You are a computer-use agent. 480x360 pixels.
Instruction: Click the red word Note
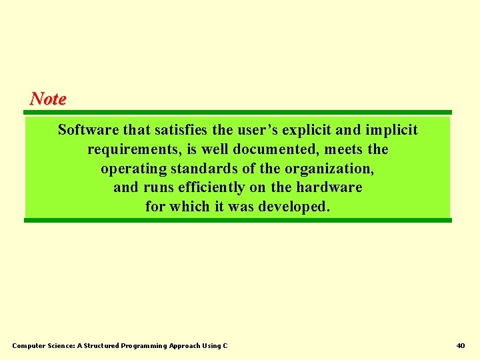(x=48, y=99)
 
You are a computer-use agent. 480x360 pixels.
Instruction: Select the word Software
(x=87, y=129)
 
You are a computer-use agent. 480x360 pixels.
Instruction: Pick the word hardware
(x=329, y=187)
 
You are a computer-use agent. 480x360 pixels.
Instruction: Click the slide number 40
(x=461, y=345)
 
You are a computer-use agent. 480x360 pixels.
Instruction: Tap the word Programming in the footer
(x=144, y=345)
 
